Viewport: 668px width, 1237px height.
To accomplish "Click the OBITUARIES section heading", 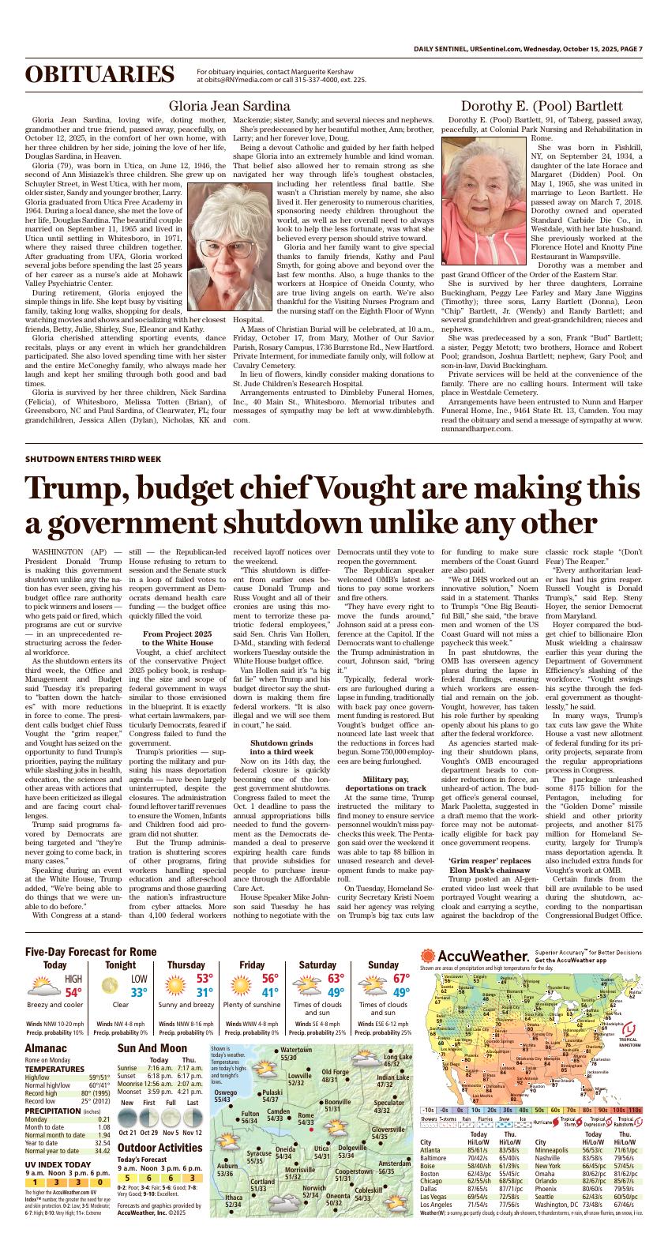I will point(104,75).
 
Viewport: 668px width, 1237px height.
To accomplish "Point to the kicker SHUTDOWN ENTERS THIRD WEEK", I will point(93,459).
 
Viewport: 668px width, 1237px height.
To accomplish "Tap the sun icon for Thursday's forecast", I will point(173,986).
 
